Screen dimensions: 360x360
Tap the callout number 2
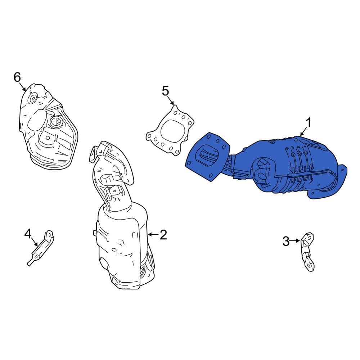coord(163,235)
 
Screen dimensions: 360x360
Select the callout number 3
coord(286,241)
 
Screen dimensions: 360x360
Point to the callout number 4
coord(28,234)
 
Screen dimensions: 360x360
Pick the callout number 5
coord(165,91)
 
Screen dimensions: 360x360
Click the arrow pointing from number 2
coord(153,234)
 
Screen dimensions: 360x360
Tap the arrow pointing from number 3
coord(295,240)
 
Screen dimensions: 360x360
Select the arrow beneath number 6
coord(22,87)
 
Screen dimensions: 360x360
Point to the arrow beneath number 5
coord(170,101)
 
